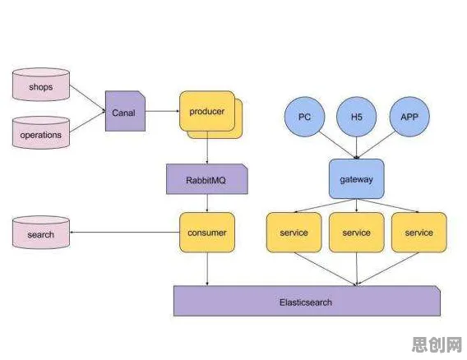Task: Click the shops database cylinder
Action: tap(41, 85)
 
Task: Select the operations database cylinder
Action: tap(41, 133)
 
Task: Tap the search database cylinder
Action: tap(41, 233)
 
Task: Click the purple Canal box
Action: tap(126, 111)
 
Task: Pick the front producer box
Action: tap(207, 111)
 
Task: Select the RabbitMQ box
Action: tap(207, 179)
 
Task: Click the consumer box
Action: tap(207, 233)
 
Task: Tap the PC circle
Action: tap(304, 117)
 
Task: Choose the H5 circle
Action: tap(357, 117)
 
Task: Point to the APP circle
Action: tap(409, 117)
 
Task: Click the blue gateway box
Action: tap(357, 179)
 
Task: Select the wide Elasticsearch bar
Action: tap(307, 301)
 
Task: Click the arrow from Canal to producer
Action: tap(163, 111)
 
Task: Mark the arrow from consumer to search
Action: tap(125, 233)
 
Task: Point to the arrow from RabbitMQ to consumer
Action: tap(207, 203)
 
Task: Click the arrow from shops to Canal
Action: tap(87, 99)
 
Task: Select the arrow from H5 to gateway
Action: tap(357, 148)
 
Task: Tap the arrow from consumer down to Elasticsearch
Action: tap(207, 269)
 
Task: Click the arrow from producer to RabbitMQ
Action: tap(207, 148)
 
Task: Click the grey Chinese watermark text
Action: tap(437, 344)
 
